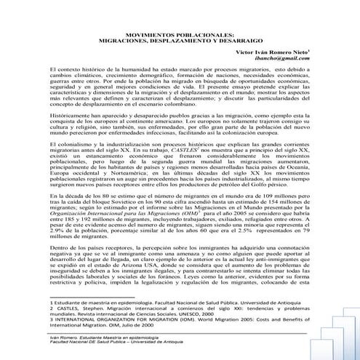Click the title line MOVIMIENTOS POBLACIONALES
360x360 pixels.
coord(180,55)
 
